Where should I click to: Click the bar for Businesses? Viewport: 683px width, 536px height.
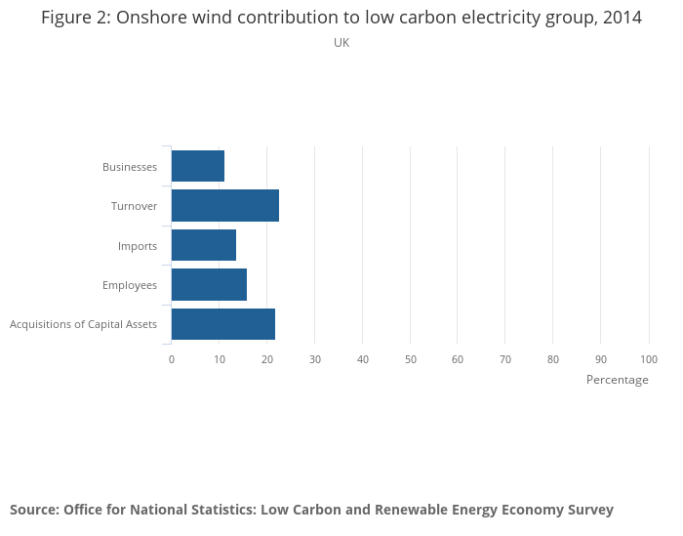pyautogui.click(x=198, y=166)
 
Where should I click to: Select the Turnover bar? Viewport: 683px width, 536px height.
pyautogui.click(x=225, y=206)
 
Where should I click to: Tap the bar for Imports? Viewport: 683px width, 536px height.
pyautogui.click(x=204, y=245)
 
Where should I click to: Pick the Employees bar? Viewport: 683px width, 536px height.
pyautogui.click(x=209, y=285)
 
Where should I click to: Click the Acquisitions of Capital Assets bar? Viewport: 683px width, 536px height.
pyautogui.click(x=223, y=324)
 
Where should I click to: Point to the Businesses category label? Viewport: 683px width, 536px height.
pyautogui.click(x=130, y=167)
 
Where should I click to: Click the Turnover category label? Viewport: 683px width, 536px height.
pyautogui.click(x=134, y=206)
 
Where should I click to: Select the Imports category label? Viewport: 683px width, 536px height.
pyautogui.click(x=138, y=246)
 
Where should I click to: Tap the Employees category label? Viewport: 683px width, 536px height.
pyautogui.click(x=130, y=285)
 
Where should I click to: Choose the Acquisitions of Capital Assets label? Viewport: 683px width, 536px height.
pyautogui.click(x=83, y=324)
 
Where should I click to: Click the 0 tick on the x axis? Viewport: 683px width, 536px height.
pyautogui.click(x=172, y=359)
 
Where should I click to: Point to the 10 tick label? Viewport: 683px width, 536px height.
pyautogui.click(x=220, y=359)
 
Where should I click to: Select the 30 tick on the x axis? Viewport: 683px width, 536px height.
pyautogui.click(x=315, y=359)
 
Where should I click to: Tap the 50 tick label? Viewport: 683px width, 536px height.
pyautogui.click(x=411, y=359)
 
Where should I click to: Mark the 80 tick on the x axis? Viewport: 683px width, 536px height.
pyautogui.click(x=553, y=359)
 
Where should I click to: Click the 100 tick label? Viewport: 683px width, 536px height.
pyautogui.click(x=649, y=359)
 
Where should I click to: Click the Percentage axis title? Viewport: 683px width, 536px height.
pyautogui.click(x=617, y=380)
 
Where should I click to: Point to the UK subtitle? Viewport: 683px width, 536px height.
pyautogui.click(x=341, y=43)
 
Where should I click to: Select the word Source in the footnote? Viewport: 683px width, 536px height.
pyautogui.click(x=33, y=510)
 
